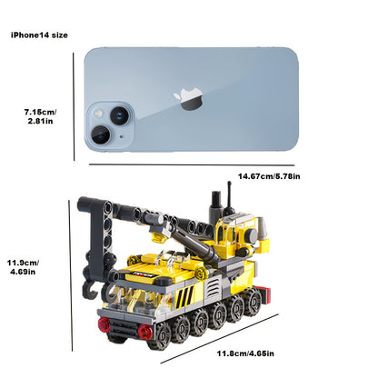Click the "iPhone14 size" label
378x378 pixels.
[x=39, y=35]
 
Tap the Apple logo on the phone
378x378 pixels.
[x=188, y=99]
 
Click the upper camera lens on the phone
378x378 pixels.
[x=119, y=115]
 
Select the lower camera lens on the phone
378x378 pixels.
[x=101, y=134]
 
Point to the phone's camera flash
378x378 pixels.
[x=98, y=114]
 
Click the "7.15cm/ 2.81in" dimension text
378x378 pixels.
[x=40, y=116]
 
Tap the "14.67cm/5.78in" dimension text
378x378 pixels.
[x=269, y=176]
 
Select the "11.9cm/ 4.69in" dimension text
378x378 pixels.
[x=23, y=267]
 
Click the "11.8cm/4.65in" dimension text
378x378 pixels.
[x=245, y=353]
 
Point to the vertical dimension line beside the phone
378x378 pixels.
[x=74, y=107]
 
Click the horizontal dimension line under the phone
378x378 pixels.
[x=192, y=164]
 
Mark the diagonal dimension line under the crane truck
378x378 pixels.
[x=219, y=338]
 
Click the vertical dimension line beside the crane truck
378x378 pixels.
[x=71, y=275]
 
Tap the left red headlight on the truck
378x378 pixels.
[x=104, y=323]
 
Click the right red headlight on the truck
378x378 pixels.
[x=144, y=331]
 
